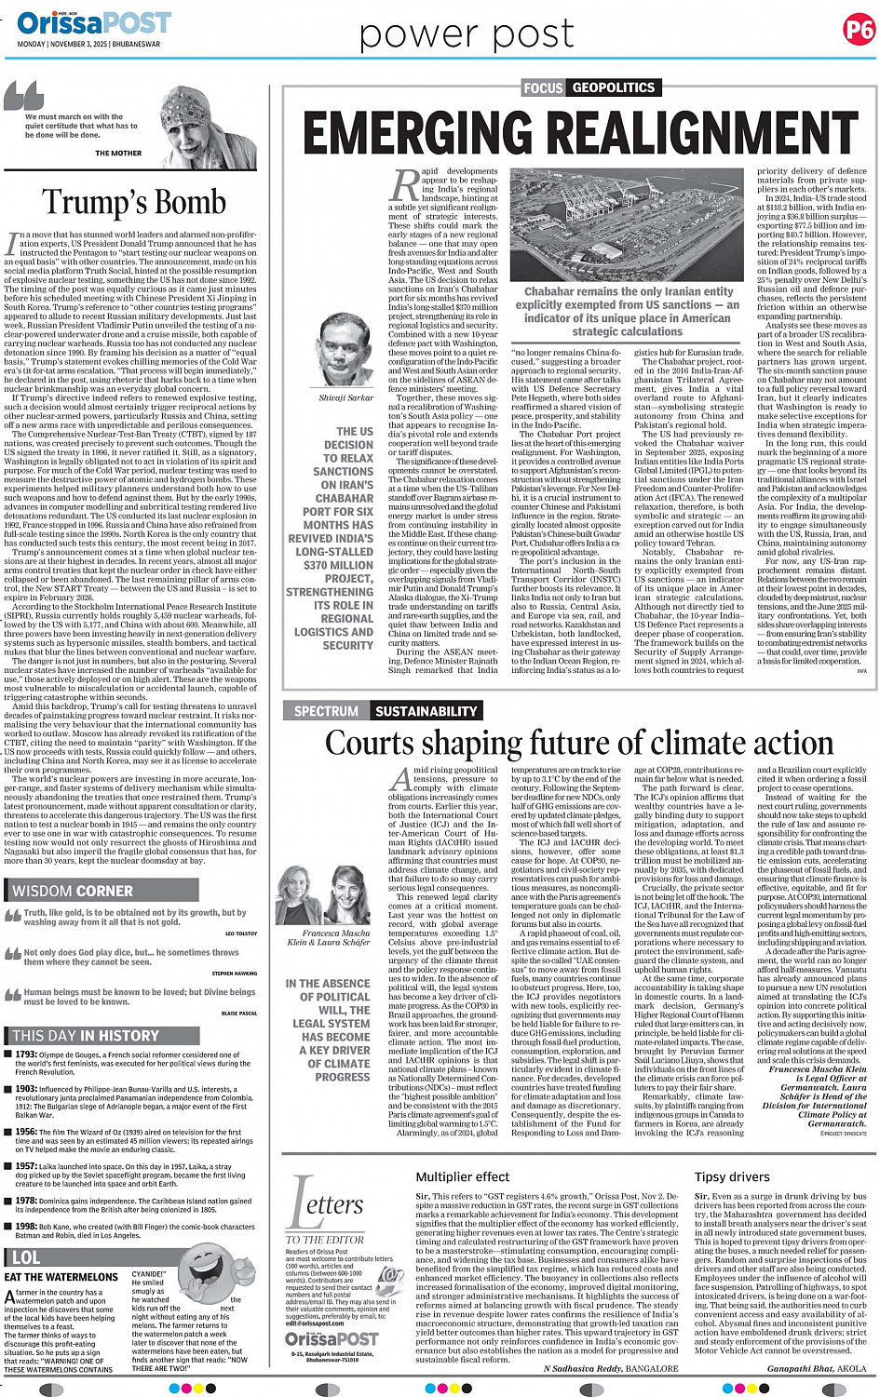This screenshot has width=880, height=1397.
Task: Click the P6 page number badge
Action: [858, 30]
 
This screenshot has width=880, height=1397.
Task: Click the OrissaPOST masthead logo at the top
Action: [93, 22]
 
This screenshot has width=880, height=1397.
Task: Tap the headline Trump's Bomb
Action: [134, 202]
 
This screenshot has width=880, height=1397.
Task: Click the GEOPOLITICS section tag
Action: [614, 87]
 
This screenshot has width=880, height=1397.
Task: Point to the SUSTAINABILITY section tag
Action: [426, 711]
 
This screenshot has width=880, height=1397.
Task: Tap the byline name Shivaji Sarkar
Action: [345, 397]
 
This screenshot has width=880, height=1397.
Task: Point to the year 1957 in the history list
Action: [26, 1165]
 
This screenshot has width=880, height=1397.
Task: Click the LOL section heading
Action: [26, 1256]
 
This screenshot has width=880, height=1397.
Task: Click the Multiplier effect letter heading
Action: [462, 1176]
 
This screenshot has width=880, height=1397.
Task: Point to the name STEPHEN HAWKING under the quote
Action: [234, 974]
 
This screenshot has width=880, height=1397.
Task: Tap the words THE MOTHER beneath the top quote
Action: [118, 154]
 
